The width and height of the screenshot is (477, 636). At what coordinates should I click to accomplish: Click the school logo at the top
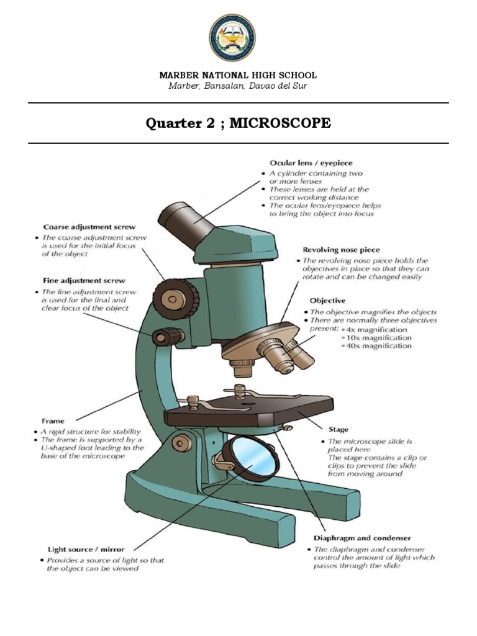pyautogui.click(x=238, y=38)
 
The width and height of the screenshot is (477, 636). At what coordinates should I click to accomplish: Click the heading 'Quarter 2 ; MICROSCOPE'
pyautogui.click(x=238, y=123)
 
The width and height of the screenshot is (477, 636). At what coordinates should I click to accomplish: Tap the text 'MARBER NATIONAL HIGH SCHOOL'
pyautogui.click(x=238, y=75)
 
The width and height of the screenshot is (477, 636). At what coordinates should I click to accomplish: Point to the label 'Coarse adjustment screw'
pyautogui.click(x=89, y=227)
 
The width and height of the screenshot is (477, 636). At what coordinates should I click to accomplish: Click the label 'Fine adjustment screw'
pyautogui.click(x=84, y=281)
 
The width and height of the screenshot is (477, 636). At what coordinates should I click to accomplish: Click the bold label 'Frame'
pyautogui.click(x=53, y=420)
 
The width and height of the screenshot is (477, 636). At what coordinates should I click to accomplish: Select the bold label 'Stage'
pyautogui.click(x=338, y=429)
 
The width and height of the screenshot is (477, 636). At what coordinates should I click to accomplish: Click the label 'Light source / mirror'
pyautogui.click(x=86, y=549)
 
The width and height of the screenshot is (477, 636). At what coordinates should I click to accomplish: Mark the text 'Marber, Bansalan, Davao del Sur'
pyautogui.click(x=238, y=86)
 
